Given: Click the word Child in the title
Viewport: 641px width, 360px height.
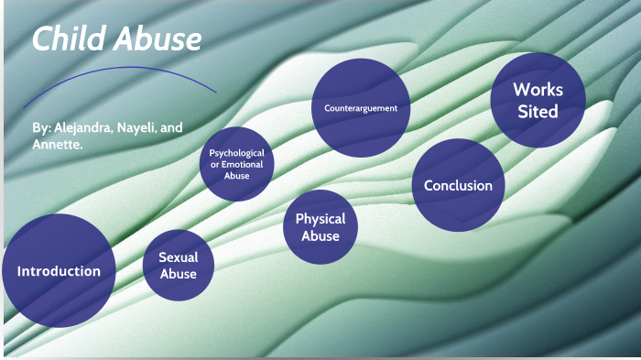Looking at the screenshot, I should [65, 40].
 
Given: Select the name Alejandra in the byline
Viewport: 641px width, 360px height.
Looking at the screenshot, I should [78, 127].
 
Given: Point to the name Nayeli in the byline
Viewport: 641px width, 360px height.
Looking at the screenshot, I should [138, 127].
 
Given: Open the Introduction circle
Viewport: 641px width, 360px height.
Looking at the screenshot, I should [59, 271].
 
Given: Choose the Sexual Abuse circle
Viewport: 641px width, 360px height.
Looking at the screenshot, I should [178, 266].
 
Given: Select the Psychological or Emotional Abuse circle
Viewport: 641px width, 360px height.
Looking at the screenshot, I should [236, 164].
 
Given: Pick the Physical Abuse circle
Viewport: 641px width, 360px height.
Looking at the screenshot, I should [320, 227].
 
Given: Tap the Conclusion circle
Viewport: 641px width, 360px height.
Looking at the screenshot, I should [458, 185].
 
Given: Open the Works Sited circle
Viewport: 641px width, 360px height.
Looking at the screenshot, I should [538, 101].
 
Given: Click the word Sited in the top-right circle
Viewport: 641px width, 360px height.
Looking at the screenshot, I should [538, 112].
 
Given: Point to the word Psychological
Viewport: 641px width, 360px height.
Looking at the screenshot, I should [236, 153].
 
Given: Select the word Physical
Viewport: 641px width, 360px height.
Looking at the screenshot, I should [320, 219].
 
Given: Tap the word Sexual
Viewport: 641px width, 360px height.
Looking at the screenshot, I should [178, 257].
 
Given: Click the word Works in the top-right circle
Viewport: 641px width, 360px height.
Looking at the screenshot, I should [538, 90].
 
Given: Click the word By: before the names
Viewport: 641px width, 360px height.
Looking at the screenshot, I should [40, 127].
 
